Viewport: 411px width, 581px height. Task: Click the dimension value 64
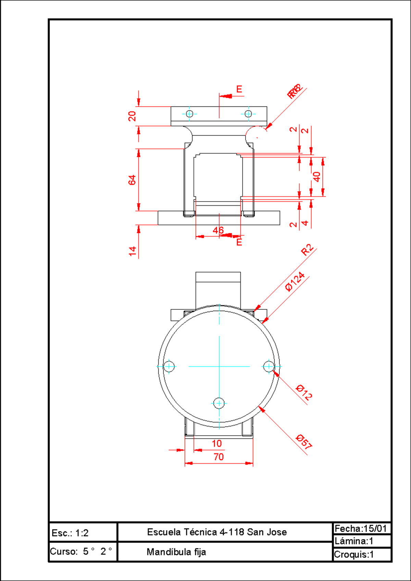132,180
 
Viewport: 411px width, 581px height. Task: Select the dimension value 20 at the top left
132,116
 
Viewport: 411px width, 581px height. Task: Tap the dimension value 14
132,251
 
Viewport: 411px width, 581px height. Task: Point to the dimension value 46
218,230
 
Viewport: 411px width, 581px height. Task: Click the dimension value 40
317,177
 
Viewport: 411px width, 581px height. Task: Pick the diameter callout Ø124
295,282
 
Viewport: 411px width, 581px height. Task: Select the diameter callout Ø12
304,392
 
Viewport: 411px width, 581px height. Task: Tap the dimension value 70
219,457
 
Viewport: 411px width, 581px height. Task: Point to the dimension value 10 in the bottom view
216,443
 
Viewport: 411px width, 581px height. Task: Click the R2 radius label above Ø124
307,250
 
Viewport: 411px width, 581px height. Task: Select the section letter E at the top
239,89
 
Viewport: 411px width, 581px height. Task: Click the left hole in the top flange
189,114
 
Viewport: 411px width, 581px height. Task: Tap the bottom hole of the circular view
219,403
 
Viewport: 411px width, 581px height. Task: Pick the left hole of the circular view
169,366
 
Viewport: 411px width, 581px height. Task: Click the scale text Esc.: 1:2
70,533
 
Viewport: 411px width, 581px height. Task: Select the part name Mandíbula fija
176,552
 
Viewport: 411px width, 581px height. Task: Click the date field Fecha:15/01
361,529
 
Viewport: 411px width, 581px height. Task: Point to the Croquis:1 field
354,554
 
